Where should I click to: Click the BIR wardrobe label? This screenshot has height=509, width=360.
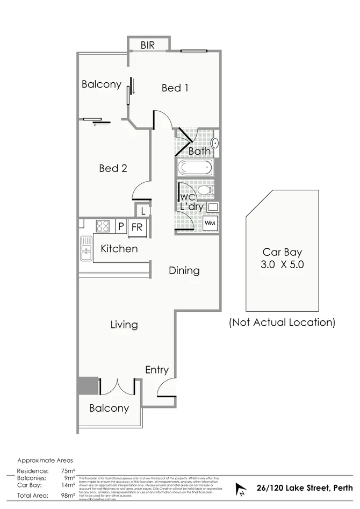[148, 46]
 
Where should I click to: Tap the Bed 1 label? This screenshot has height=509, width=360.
[175, 88]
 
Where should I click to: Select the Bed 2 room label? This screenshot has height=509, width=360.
[113, 168]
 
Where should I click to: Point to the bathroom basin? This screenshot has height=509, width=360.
[214, 144]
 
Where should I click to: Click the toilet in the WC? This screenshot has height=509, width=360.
[205, 190]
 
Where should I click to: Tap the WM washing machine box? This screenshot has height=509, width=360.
[210, 223]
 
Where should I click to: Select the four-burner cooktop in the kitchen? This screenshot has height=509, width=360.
[103, 226]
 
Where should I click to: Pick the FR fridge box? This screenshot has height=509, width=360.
[137, 227]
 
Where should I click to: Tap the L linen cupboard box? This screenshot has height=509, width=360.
[143, 211]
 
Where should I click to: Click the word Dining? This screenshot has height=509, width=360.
[184, 270]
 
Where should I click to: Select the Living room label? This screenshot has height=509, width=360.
[124, 325]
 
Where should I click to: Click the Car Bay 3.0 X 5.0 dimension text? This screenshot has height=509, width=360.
[282, 264]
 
